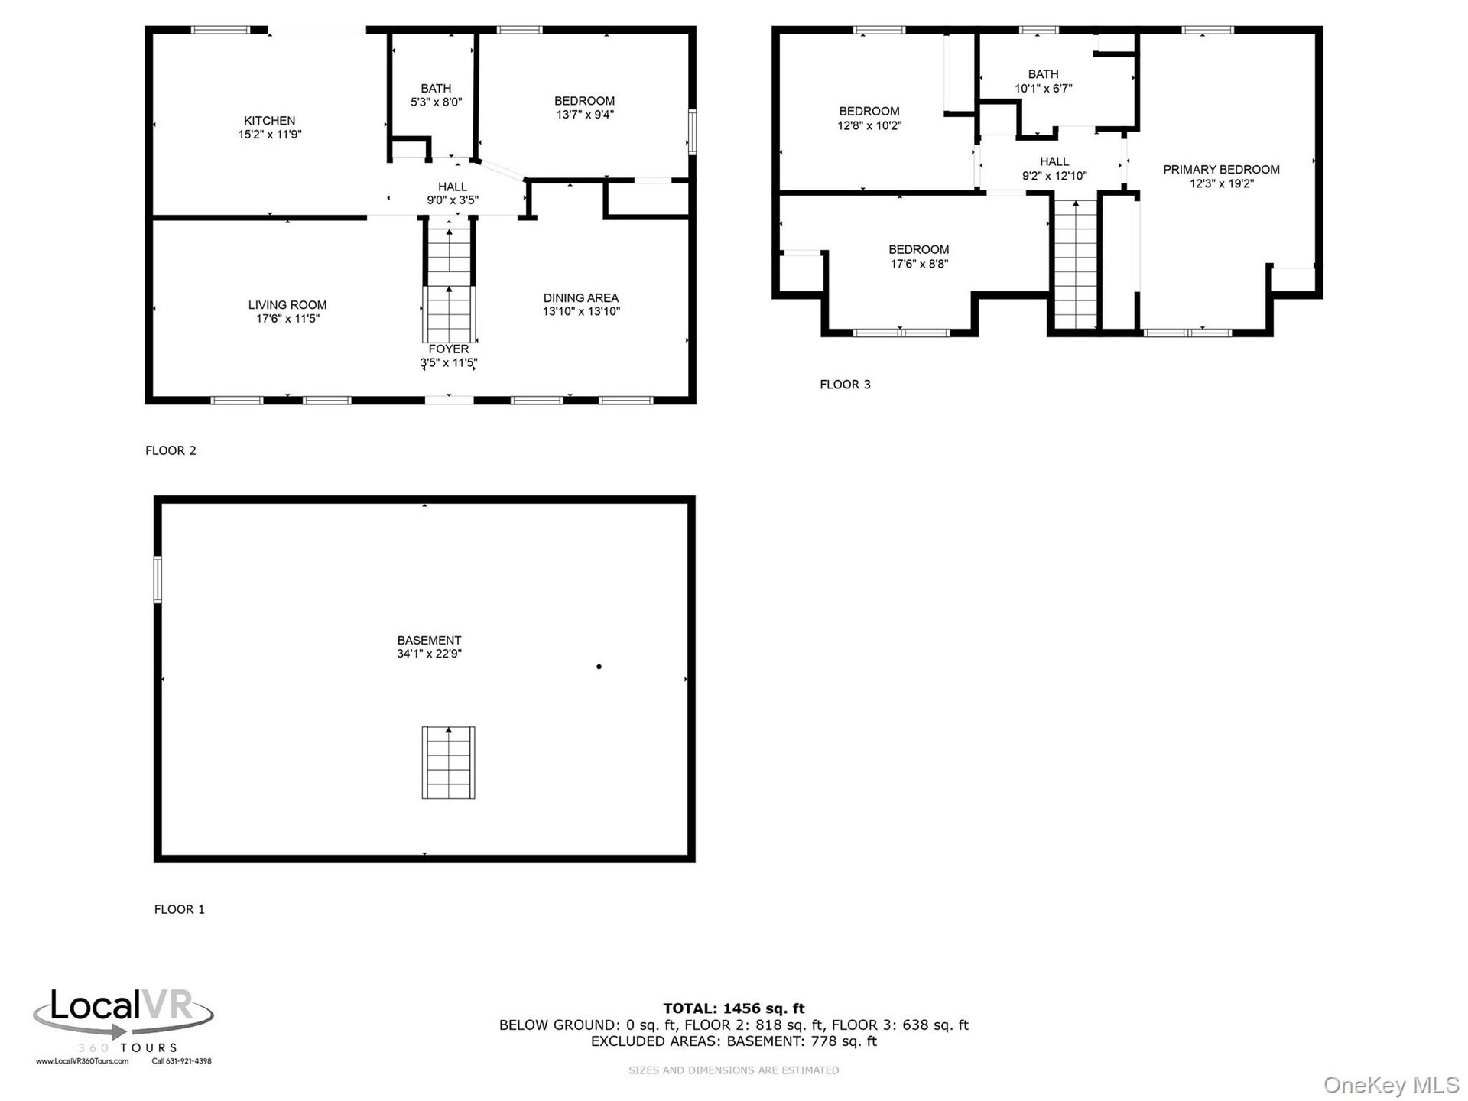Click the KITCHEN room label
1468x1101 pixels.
click(x=269, y=121)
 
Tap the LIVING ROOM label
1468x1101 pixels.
click(x=287, y=305)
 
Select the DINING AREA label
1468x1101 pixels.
click(x=581, y=298)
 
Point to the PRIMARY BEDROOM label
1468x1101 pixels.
click(x=1221, y=170)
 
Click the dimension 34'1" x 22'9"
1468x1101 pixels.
click(x=429, y=654)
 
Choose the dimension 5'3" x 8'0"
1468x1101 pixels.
click(x=436, y=102)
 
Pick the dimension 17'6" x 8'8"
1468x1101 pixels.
click(x=919, y=264)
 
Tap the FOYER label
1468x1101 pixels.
click(x=449, y=349)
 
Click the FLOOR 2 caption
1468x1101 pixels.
click(x=171, y=450)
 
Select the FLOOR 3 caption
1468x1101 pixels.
click(x=845, y=385)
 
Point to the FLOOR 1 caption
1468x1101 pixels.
click(x=180, y=909)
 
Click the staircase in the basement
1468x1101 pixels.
click(x=449, y=762)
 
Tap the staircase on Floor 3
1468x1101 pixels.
click(x=1076, y=264)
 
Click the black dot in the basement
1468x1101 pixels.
click(x=599, y=667)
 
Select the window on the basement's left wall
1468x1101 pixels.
click(x=158, y=580)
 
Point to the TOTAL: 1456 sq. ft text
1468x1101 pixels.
click(x=734, y=1008)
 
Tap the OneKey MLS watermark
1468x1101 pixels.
click(x=1392, y=1085)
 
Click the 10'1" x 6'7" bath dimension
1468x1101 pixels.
click(x=1044, y=89)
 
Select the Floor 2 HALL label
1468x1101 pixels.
click(x=453, y=187)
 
